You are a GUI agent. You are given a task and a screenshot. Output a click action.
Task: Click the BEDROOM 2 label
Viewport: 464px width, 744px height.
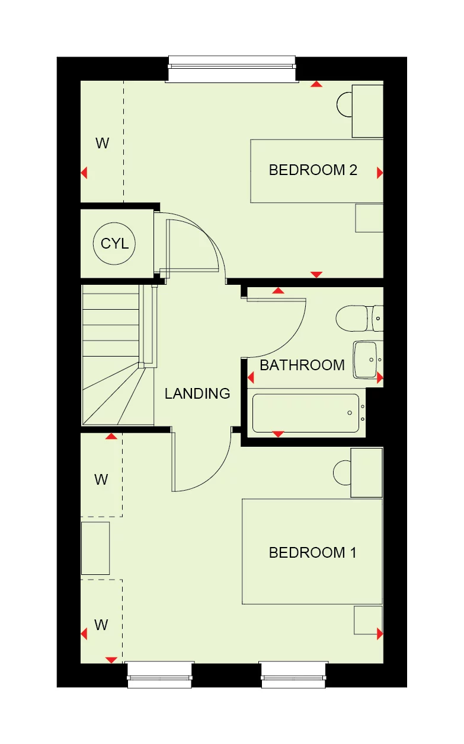coord(313,170)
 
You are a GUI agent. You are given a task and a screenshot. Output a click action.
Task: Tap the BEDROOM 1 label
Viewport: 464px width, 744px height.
coord(312,553)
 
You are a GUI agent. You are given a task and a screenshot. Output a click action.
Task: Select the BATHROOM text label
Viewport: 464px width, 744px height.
coord(302,365)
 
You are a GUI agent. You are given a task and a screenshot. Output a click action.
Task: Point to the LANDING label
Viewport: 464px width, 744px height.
coord(197,393)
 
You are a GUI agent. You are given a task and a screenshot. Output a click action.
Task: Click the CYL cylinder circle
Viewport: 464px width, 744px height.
coord(114,244)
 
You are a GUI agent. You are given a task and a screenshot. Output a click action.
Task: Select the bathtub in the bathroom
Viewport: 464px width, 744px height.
coord(306,413)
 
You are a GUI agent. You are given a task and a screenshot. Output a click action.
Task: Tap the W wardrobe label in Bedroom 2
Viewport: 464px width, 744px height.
coord(103,143)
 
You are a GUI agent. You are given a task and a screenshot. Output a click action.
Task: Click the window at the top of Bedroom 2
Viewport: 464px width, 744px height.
coord(231,69)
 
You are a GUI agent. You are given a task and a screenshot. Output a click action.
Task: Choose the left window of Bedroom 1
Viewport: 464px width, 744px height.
coord(159,675)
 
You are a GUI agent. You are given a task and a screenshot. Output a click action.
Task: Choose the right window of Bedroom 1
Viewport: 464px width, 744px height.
coord(293,675)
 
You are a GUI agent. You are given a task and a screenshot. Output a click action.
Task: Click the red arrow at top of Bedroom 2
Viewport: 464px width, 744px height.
coord(317,84)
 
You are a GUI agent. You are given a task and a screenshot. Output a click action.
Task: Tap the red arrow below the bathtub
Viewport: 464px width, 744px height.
coord(277,434)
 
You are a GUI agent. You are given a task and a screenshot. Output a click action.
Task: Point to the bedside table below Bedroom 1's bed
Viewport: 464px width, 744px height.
coord(367,620)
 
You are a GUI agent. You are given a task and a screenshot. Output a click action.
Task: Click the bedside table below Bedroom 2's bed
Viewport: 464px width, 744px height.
coord(369,218)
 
